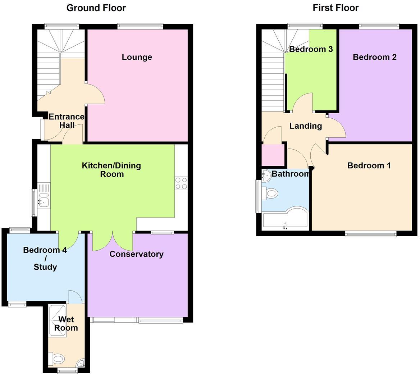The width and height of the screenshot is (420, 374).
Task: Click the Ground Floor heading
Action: (96, 8)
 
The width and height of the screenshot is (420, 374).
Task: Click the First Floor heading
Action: (335, 8)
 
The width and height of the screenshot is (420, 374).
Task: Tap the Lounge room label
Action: (137, 57)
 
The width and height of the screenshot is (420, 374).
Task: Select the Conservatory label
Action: (136, 254)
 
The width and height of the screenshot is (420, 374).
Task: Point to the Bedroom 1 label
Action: (369, 165)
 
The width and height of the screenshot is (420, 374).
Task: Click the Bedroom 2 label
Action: (374, 57)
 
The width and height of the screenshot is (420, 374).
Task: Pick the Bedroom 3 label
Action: (311, 49)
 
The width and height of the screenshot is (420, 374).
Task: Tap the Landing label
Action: (305, 126)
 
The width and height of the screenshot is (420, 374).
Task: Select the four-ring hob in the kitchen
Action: (181, 183)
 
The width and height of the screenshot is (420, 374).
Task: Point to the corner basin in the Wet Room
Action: (81, 364)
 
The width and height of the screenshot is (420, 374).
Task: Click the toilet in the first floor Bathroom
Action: (271, 194)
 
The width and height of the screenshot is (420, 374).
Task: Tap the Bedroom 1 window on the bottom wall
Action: (371, 234)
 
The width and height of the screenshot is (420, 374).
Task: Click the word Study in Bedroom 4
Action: (45, 267)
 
